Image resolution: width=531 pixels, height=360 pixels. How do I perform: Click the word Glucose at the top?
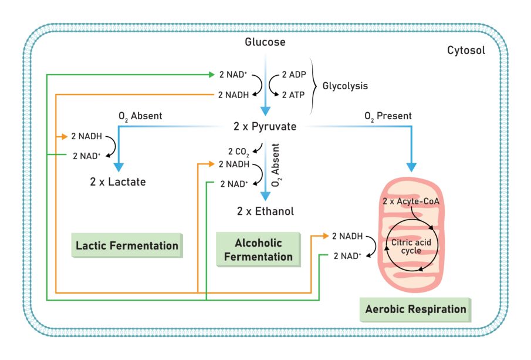(265, 42)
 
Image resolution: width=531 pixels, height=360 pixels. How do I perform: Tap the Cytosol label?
(466, 51)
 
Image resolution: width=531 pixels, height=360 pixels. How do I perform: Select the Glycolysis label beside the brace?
(345, 86)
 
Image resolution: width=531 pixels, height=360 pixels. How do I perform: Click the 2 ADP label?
(293, 75)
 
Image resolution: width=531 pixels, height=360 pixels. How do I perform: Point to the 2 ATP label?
(293, 95)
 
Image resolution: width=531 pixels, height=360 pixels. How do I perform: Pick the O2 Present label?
(388, 116)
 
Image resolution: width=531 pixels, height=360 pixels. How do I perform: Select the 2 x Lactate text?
(118, 182)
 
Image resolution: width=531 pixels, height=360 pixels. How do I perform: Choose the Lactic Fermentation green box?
(127, 245)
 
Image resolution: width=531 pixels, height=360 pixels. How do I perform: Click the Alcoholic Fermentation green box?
(258, 250)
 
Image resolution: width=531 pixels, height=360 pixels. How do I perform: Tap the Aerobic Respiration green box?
(415, 309)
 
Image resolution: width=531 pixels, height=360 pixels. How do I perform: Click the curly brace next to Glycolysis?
(315, 86)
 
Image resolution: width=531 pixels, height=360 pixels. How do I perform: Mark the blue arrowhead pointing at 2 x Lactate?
(119, 166)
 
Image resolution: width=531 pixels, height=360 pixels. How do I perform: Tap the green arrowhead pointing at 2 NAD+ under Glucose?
(211, 75)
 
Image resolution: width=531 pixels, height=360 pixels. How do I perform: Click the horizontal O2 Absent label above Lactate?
(140, 116)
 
